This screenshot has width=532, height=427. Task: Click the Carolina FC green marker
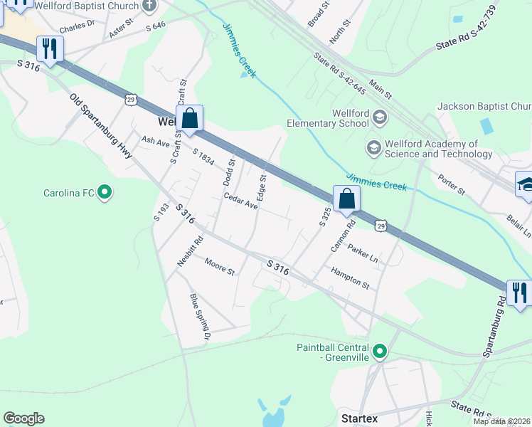tap(105, 192)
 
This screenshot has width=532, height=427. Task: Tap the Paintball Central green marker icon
tap(380, 351)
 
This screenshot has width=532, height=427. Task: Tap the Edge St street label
tap(262, 188)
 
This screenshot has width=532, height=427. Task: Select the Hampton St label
tap(350, 278)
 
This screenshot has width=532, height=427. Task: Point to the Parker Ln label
tap(363, 254)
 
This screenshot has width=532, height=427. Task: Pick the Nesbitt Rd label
tap(190, 251)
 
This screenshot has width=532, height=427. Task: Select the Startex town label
tap(359, 418)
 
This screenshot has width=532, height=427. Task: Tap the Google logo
tap(23, 418)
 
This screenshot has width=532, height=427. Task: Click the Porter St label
tap(451, 186)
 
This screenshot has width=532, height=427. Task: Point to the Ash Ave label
tap(156, 142)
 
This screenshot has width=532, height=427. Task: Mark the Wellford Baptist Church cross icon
tap(149, 6)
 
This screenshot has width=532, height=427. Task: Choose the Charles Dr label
tap(77, 28)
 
